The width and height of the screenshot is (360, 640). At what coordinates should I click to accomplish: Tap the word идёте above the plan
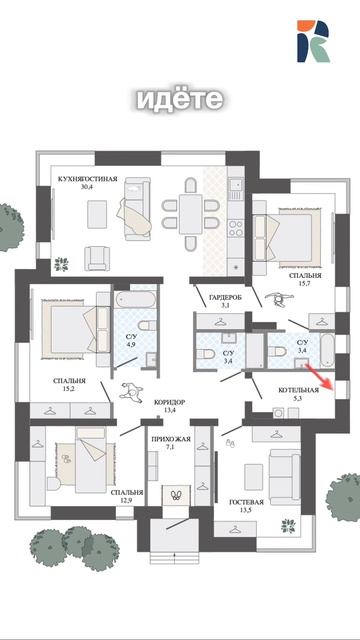point(180,99)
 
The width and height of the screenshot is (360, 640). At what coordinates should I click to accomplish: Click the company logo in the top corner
point(313,41)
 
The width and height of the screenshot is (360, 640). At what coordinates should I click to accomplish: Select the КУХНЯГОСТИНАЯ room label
point(87,179)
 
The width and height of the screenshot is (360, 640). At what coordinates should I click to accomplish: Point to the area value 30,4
point(87,187)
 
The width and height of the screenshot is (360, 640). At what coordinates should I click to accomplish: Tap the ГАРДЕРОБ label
point(225,298)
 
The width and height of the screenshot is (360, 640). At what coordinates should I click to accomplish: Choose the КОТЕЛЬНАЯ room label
point(298,390)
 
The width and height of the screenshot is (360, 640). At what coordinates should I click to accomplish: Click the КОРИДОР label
point(169,402)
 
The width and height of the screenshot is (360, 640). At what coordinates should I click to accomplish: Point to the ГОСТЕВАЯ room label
point(246,502)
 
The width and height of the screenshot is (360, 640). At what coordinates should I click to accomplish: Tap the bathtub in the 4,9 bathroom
point(136,300)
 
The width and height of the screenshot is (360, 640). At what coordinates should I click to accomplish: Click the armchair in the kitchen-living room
point(97,258)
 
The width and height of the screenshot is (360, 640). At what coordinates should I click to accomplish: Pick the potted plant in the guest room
point(288,526)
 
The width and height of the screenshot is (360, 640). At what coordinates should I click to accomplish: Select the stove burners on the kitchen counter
point(236,229)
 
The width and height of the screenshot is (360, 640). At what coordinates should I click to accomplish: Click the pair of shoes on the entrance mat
point(176,495)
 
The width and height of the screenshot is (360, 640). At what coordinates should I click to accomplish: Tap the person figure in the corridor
point(131,391)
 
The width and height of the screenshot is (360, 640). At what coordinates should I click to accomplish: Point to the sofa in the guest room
point(284,477)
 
